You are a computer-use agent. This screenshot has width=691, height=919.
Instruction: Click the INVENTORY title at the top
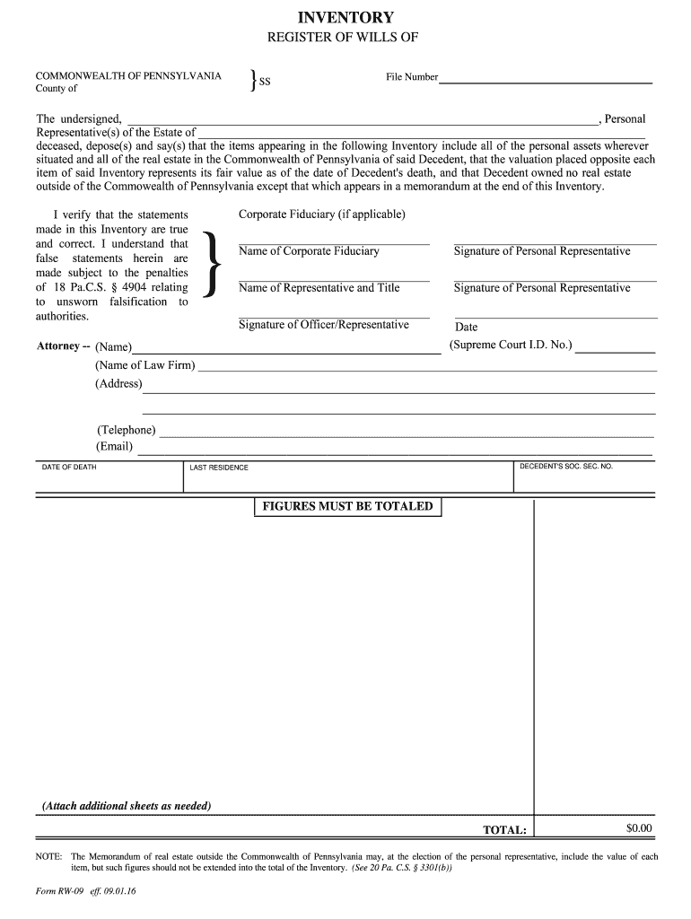point(345,17)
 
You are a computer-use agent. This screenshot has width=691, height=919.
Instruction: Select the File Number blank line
point(545,81)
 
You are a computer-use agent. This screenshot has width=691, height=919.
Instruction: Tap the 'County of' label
point(57,89)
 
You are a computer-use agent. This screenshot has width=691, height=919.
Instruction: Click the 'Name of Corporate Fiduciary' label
point(309,251)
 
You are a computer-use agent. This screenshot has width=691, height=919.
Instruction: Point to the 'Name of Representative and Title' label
point(319,288)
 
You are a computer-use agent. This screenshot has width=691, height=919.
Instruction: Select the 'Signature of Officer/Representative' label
point(324,325)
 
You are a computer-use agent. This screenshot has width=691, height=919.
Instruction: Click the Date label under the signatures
point(467,328)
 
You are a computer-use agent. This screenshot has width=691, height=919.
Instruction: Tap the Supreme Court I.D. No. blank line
point(615,351)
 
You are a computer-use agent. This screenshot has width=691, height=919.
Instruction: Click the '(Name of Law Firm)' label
point(144,365)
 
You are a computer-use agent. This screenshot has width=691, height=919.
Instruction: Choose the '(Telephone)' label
point(126,430)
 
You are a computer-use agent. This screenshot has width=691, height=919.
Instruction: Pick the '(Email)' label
point(114,446)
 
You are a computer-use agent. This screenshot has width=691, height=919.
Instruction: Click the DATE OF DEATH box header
point(69,468)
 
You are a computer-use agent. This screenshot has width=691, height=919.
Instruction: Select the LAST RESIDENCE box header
point(219,468)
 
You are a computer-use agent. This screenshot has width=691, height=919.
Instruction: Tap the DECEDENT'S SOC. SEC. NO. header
point(566,467)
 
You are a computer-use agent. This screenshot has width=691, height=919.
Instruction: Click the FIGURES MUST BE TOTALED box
point(347,507)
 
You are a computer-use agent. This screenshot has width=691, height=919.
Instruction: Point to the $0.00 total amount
point(639,828)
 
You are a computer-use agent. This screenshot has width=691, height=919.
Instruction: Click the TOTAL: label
point(505,830)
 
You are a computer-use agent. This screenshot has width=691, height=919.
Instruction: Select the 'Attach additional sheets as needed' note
point(127,806)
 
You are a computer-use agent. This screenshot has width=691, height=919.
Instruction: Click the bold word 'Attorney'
point(58,346)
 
